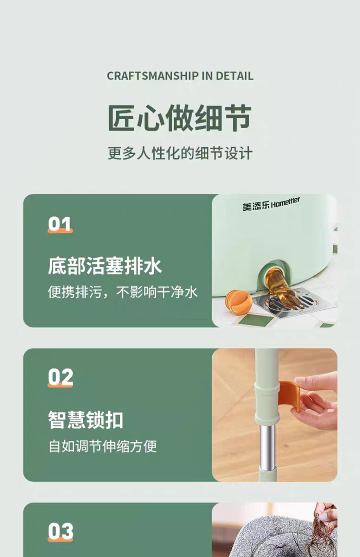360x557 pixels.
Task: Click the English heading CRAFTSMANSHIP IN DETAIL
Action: (180, 76)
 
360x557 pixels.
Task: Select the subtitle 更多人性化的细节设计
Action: (180, 153)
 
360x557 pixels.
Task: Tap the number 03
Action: (60, 532)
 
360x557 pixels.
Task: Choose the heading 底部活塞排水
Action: (105, 266)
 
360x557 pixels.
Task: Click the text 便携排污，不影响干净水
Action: (123, 292)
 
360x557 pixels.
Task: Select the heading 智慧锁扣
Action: (85, 420)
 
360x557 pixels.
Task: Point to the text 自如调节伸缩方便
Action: (102, 446)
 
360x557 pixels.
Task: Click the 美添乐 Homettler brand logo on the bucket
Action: (271, 204)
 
